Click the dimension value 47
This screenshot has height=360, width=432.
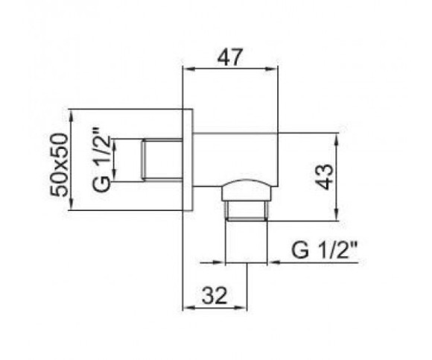[231, 57]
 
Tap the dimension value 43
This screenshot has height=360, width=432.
[325, 177]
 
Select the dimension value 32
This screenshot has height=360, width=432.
[215, 295]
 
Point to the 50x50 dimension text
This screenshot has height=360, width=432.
[59, 165]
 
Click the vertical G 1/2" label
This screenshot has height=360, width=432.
[101, 160]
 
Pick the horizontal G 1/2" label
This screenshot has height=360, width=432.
[324, 250]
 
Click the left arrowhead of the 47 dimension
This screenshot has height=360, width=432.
[189, 69]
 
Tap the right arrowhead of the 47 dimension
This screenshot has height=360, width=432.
[271, 69]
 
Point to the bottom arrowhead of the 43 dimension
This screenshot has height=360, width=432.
[337, 215]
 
